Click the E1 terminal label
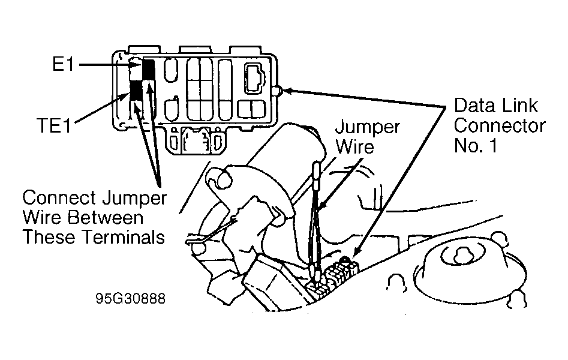coord(63,65)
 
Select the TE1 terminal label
coord(54,125)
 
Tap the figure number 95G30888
coord(131,298)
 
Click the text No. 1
coord(475,145)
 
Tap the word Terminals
coord(124,238)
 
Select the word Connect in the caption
coord(60,198)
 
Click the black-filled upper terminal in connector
coord(149,68)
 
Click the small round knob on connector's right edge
coord(278,91)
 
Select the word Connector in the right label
coord(500,125)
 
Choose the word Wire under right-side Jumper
coord(354,146)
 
